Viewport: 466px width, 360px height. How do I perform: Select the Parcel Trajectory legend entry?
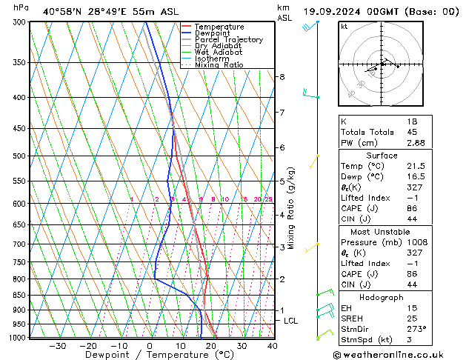228,40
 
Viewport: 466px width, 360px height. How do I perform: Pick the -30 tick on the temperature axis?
57,346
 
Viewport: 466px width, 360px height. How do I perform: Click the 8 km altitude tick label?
282,77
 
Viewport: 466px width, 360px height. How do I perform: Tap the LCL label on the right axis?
291,321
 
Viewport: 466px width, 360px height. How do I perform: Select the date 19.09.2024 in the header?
330,12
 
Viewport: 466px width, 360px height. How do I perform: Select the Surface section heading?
381,156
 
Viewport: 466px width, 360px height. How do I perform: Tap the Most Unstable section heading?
381,232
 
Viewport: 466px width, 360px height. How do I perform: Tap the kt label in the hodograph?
344,27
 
